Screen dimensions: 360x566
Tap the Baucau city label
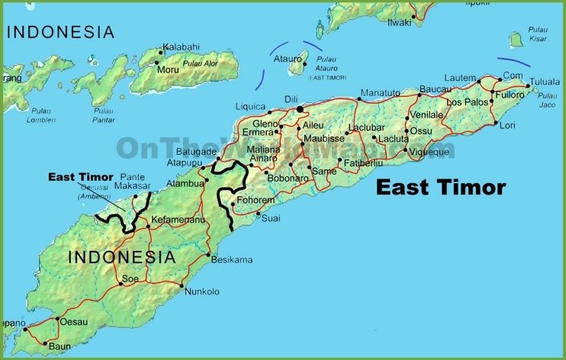point(436,89)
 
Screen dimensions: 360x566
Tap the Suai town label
point(271,219)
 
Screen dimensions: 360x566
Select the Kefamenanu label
point(178,220)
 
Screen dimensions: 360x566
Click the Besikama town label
point(232,260)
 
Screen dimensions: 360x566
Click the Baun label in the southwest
point(59,346)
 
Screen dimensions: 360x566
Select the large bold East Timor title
point(441,187)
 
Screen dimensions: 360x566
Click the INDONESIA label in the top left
point(60,32)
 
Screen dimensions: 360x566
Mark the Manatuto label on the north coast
point(379,93)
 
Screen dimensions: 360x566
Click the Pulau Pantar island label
point(103,115)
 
